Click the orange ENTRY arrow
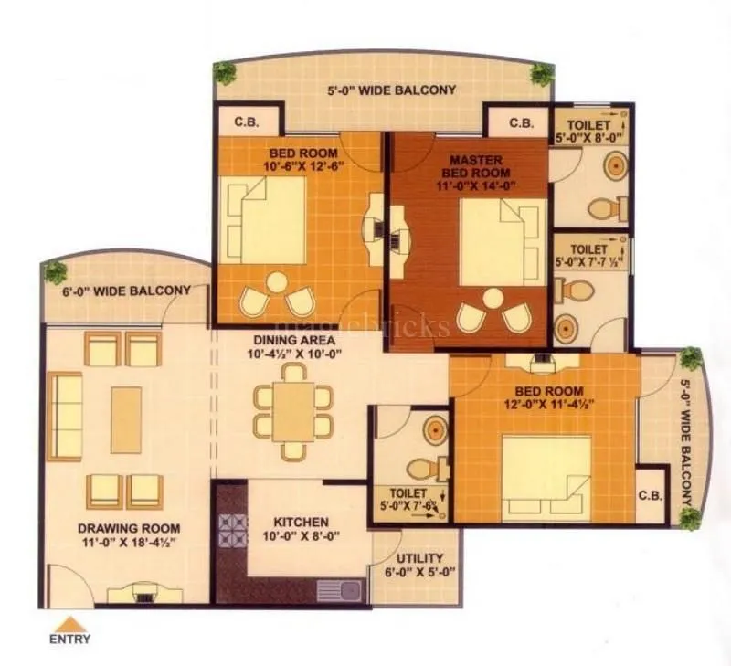(69, 624)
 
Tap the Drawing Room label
(129, 528)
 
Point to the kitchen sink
(341, 590)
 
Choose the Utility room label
(420, 558)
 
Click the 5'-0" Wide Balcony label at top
(392, 90)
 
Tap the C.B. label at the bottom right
(651, 496)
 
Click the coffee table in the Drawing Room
(126, 419)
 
